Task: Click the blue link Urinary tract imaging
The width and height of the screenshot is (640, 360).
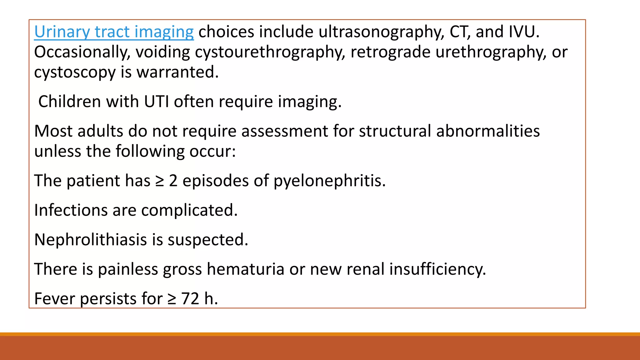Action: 114,32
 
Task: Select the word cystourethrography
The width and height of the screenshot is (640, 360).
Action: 270,52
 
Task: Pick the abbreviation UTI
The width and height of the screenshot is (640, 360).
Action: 156,102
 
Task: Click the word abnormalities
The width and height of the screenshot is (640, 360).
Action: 488,131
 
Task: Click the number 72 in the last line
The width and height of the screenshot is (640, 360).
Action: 190,299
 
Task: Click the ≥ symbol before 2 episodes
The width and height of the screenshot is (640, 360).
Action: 160,181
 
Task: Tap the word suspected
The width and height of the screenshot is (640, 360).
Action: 208,240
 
